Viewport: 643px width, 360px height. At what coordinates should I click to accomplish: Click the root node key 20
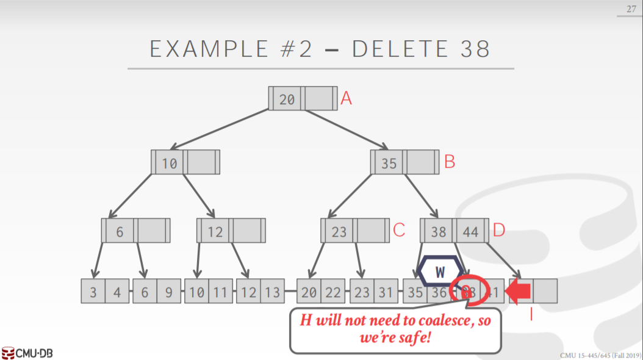(x=287, y=99)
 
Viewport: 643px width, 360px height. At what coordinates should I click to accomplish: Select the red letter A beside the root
(x=346, y=98)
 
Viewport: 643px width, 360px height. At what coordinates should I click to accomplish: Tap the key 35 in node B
(x=389, y=163)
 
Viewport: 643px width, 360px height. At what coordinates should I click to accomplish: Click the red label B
(x=450, y=162)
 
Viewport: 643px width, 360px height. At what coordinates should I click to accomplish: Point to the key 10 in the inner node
(x=169, y=163)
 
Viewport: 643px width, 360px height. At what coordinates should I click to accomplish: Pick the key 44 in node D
(x=470, y=231)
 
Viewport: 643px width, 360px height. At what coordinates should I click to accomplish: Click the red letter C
(x=399, y=230)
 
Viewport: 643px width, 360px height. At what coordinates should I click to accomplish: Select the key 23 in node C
(x=339, y=231)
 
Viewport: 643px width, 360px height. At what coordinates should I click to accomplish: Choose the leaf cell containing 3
(x=93, y=292)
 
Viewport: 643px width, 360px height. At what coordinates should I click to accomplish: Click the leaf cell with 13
(x=273, y=292)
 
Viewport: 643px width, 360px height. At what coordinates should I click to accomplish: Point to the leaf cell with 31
(x=386, y=292)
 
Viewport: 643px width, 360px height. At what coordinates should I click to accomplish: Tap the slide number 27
(x=631, y=9)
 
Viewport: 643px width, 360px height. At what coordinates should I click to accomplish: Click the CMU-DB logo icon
(x=9, y=353)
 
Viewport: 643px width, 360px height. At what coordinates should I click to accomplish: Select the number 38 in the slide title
(x=475, y=49)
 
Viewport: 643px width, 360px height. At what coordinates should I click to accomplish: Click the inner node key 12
(x=215, y=231)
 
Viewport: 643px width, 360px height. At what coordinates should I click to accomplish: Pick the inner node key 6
(x=120, y=231)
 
